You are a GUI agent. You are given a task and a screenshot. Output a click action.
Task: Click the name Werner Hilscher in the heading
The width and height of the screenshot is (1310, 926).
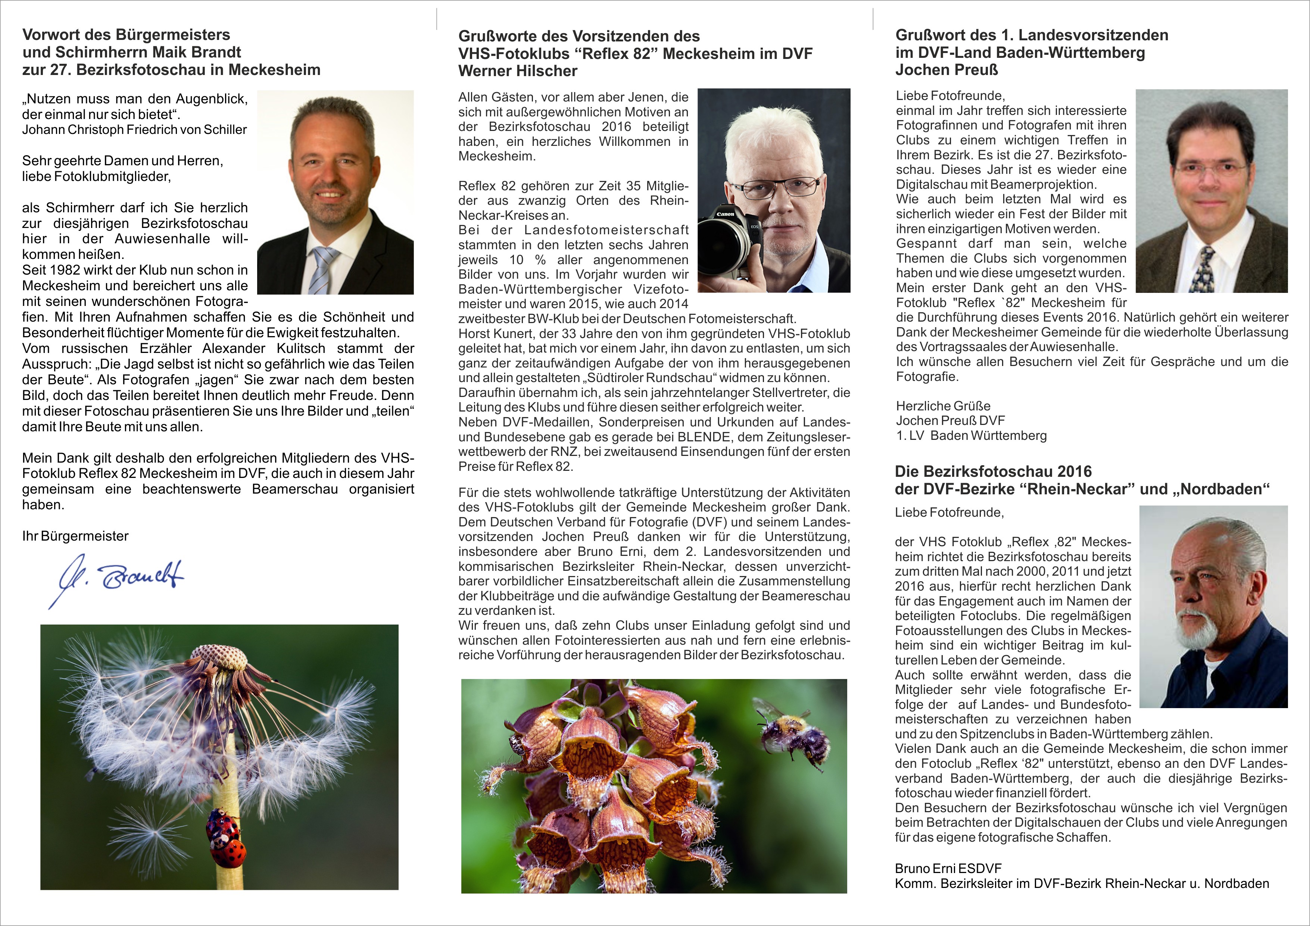(518, 71)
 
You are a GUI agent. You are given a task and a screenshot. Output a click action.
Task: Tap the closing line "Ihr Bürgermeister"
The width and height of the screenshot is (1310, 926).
(75, 536)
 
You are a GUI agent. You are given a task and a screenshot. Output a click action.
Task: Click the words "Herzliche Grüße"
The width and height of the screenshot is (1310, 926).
(942, 406)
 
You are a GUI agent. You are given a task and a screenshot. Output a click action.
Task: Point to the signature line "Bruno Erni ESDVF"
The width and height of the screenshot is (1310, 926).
(948, 869)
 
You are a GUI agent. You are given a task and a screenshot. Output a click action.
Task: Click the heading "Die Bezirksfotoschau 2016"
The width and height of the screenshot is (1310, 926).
(993, 472)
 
